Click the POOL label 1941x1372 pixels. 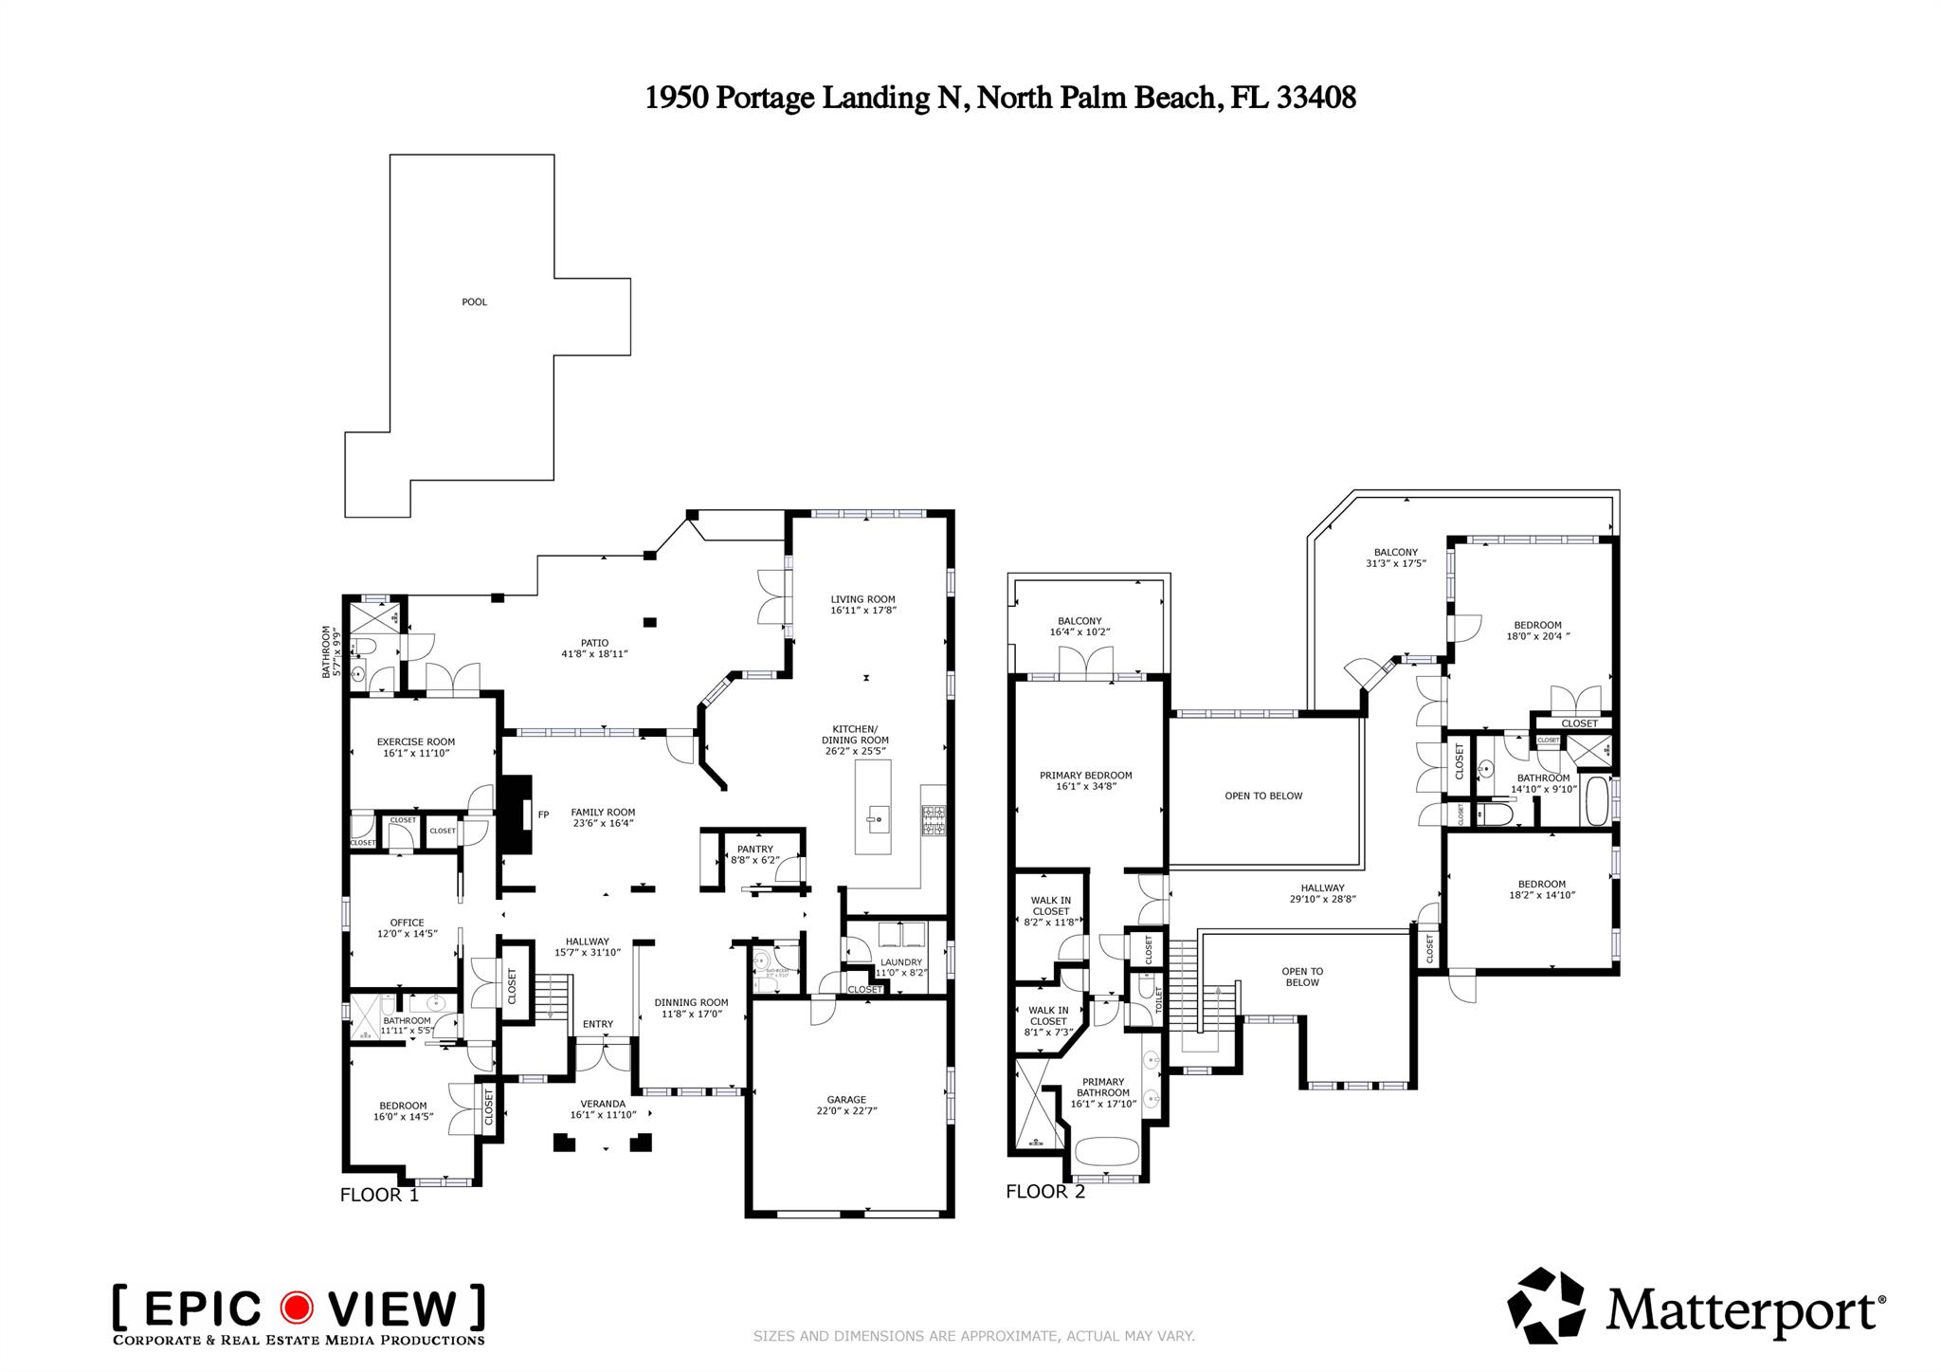474,302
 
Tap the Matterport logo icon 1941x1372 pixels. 1546,1305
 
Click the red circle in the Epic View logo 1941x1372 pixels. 297,1308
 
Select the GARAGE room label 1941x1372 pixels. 845,1100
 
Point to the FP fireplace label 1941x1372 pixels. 543,814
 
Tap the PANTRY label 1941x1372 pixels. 755,849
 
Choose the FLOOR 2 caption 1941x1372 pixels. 1044,1192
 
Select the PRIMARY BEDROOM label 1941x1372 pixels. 1085,775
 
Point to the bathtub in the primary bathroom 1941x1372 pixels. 1107,1151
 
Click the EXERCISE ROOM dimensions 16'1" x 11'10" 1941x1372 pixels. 415,754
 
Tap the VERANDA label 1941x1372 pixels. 603,1104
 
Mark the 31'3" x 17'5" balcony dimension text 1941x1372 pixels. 1395,563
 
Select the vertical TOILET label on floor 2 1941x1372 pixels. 1157,1000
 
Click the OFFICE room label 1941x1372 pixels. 407,923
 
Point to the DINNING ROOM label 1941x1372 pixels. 691,1002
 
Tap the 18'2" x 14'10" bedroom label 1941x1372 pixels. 1541,895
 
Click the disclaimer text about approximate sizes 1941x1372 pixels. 973,1336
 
